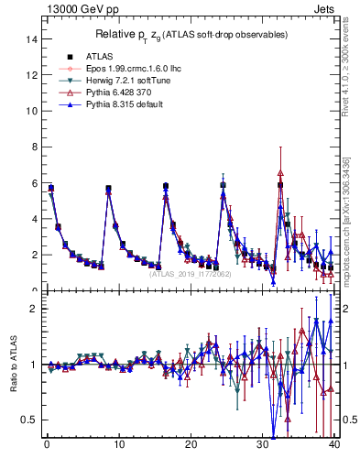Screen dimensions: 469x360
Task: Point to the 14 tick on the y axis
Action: click(32, 39)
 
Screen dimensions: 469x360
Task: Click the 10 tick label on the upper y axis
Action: click(32, 111)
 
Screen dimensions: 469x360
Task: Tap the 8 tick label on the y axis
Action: click(34, 147)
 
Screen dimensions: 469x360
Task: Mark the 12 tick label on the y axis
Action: click(32, 75)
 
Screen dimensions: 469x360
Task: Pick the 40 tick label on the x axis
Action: click(334, 448)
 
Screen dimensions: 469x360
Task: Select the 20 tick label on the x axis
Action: click(191, 448)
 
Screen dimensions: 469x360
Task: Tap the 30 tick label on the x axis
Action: click(262, 448)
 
